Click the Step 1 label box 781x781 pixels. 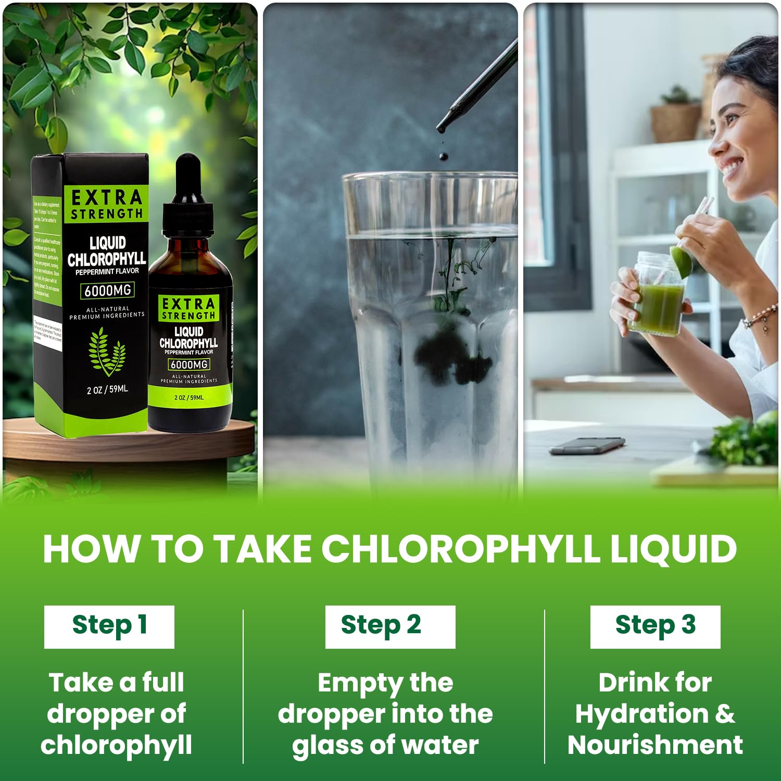[x=109, y=626]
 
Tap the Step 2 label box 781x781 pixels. [x=390, y=626]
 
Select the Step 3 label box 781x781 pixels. [x=655, y=626]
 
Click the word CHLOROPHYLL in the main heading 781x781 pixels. [x=460, y=549]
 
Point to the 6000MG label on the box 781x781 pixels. [x=108, y=290]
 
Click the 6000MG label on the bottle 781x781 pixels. [x=189, y=364]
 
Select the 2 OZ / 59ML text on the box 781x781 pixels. [x=107, y=389]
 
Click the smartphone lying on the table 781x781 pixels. [x=587, y=446]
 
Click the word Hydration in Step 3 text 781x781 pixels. [x=641, y=713]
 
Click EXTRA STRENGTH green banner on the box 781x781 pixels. [x=107, y=205]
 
